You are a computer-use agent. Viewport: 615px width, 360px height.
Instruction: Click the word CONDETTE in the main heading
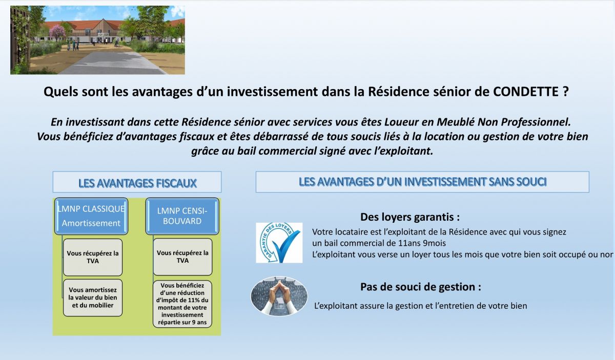click(525, 92)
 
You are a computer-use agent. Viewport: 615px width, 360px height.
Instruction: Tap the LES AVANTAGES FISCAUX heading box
click(137, 182)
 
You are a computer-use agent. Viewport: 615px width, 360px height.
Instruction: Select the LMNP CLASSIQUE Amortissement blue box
click(91, 216)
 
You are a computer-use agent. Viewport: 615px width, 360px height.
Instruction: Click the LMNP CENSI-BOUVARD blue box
click(182, 216)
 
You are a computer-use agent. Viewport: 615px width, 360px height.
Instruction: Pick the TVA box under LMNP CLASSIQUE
click(93, 257)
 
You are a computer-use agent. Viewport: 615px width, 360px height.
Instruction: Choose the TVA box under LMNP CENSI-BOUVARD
click(182, 257)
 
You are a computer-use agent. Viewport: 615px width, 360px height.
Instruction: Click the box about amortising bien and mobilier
click(93, 298)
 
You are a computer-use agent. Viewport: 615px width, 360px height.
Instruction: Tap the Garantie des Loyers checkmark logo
click(279, 243)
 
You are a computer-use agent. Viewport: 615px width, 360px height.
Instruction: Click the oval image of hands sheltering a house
click(279, 296)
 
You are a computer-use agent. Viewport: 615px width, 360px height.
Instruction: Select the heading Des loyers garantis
click(410, 217)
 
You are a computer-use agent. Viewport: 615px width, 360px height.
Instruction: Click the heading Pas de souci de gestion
click(421, 287)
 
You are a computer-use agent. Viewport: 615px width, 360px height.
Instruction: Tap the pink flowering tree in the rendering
click(57, 32)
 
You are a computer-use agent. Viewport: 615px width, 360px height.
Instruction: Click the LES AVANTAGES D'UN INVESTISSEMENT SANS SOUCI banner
click(422, 182)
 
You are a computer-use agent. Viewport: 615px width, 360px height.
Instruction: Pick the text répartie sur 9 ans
click(182, 323)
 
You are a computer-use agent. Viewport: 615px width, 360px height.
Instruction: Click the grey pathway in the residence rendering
click(110, 62)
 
